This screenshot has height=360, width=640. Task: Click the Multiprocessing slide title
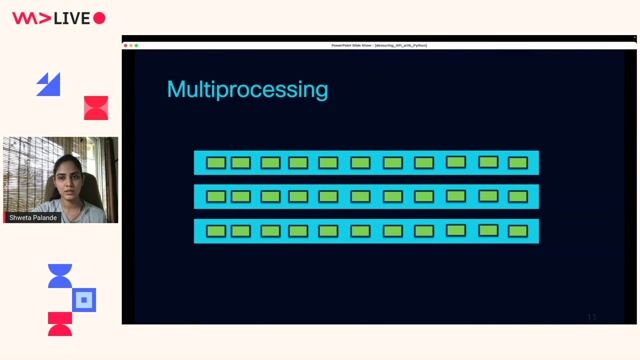(x=247, y=89)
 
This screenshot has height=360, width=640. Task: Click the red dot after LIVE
(x=99, y=18)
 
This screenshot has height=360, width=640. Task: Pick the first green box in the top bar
(x=216, y=163)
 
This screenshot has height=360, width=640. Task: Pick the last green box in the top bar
(x=517, y=163)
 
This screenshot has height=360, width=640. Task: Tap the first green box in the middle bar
(x=216, y=197)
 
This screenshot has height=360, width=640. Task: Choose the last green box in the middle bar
(x=517, y=197)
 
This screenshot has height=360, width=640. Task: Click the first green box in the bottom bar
(x=216, y=231)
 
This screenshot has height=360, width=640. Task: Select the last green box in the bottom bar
(x=517, y=231)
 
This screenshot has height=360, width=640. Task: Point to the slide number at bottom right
(x=592, y=317)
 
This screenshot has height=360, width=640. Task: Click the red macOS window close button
(x=126, y=45)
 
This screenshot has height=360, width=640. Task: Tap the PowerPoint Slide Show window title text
(x=379, y=45)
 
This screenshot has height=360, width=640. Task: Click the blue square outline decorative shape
(x=85, y=298)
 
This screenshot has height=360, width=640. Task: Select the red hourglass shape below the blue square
(x=60, y=323)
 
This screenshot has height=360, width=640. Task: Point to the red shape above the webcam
(x=96, y=108)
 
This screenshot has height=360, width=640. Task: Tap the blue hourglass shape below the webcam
(x=60, y=275)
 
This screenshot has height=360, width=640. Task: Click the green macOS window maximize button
(x=136, y=45)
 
